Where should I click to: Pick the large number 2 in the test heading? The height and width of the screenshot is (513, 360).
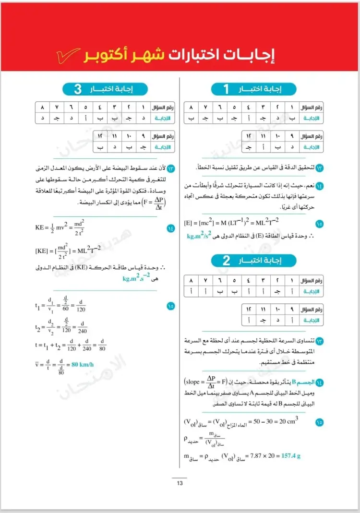tap(226, 261)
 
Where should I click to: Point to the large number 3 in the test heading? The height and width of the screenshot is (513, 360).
tap(78, 89)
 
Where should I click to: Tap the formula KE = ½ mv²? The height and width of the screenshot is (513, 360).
tap(53, 227)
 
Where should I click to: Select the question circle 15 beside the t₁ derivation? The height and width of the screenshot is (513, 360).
tap(171, 305)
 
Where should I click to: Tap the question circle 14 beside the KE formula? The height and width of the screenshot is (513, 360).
tap(171, 228)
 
